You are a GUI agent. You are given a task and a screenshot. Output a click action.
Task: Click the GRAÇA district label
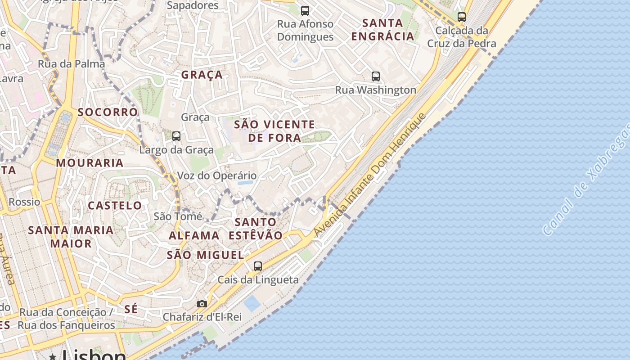tap(202, 75)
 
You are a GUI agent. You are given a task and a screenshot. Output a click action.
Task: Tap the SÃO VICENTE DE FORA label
tap(274, 131)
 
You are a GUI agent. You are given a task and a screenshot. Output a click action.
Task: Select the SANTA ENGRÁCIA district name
tap(382, 29)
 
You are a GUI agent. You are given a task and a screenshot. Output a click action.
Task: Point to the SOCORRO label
tap(108, 112)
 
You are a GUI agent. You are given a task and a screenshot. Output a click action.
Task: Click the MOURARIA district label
tap(90, 163)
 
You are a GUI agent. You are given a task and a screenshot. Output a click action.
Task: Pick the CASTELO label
tap(115, 206)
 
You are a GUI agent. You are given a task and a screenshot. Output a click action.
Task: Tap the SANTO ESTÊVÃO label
tap(256, 229)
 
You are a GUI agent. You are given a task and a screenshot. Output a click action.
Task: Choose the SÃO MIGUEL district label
tap(205, 255)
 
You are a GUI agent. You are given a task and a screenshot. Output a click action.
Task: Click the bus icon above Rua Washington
tap(376, 76)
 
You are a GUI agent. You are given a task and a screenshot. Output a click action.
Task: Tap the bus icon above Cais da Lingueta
tap(258, 266)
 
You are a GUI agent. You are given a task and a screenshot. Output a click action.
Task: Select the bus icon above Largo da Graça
tap(176, 136)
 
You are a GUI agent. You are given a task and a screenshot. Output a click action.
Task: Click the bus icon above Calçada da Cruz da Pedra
tap(462, 17)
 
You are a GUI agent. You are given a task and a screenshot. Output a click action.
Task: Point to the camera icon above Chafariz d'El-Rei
tap(202, 304)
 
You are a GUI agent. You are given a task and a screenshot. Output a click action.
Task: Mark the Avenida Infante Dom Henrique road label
tap(370, 175)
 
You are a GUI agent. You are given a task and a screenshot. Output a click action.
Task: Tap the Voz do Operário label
tap(217, 175)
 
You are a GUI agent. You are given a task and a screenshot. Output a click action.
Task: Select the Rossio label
tap(24, 202)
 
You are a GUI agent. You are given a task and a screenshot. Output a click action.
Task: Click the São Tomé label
tap(178, 216)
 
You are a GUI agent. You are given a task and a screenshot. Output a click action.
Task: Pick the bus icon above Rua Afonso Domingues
tap(305, 10)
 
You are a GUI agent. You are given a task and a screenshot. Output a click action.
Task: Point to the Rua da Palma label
tap(71, 63)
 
